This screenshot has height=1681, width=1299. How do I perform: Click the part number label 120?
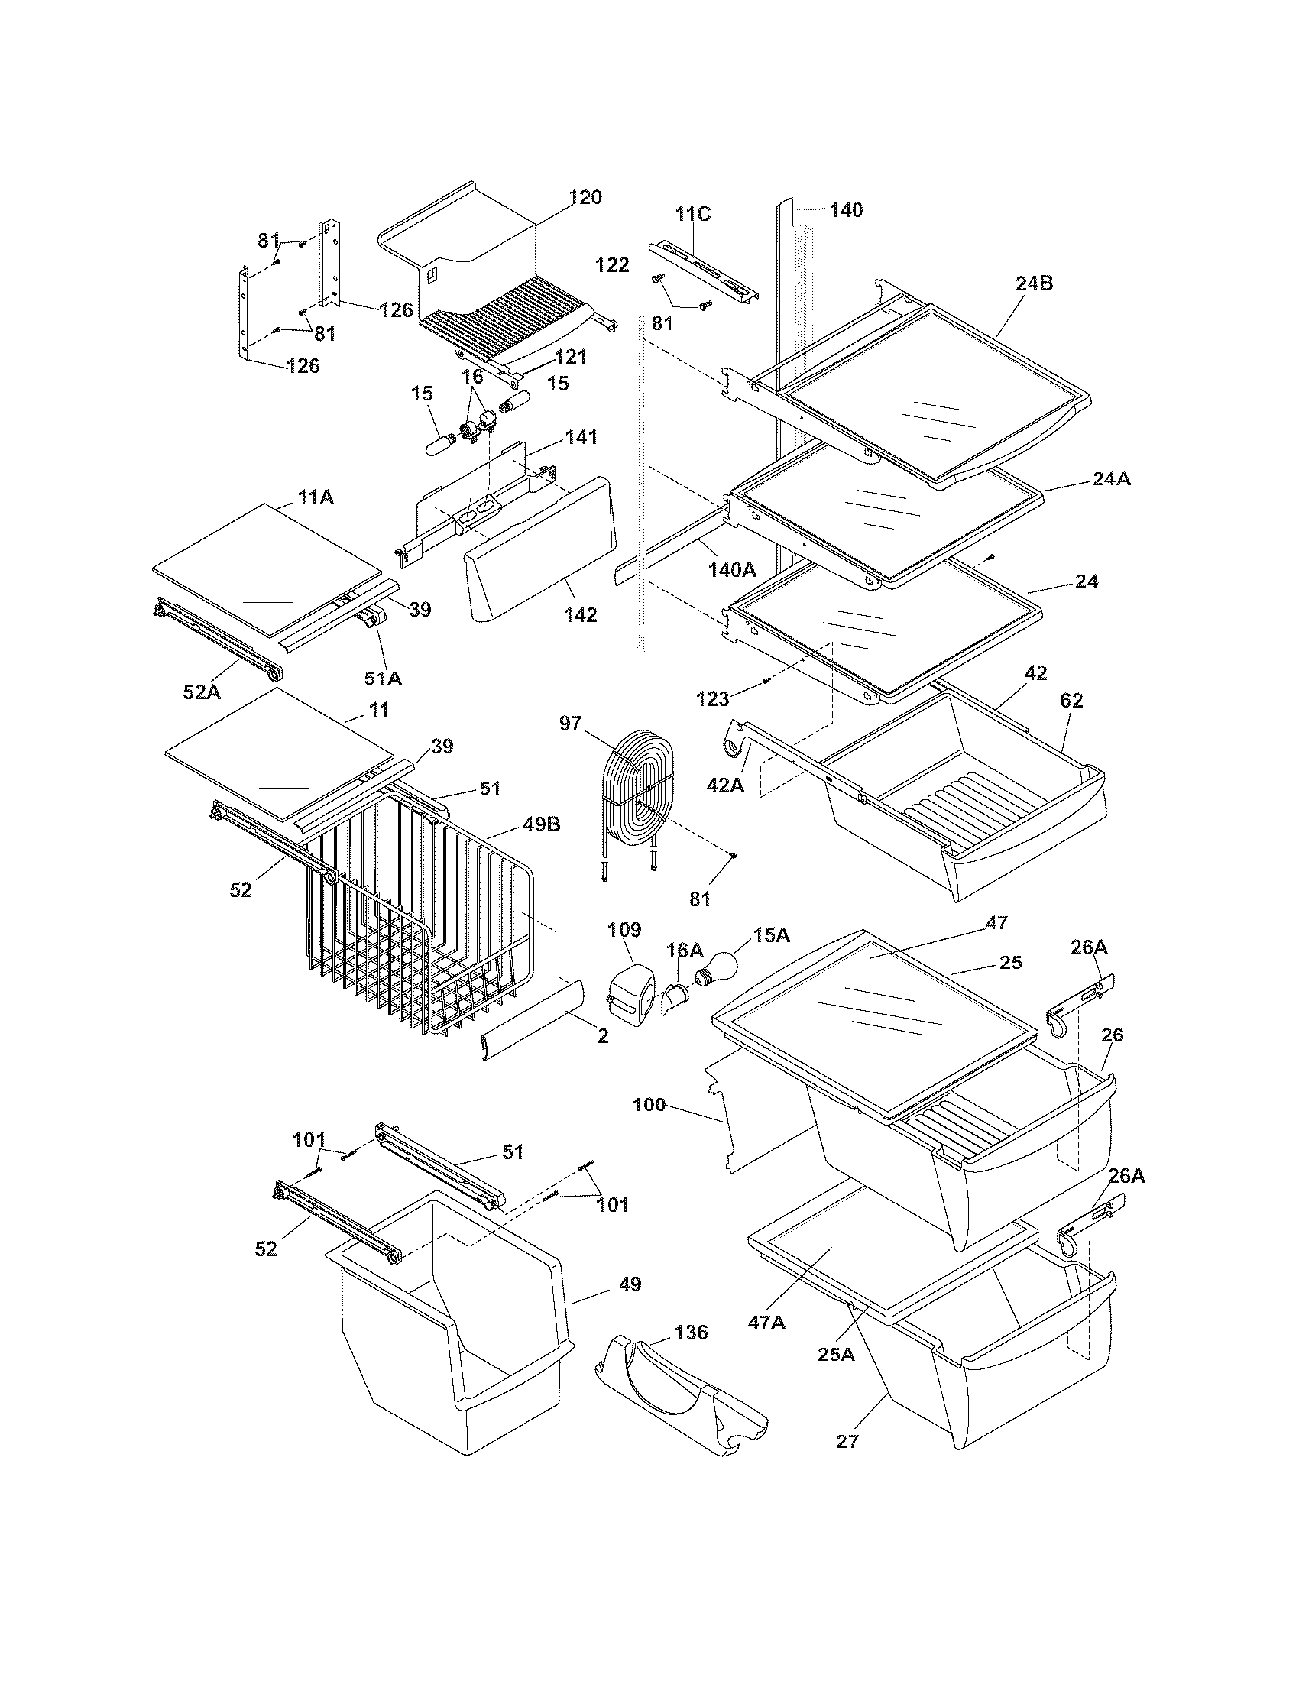coord(585,198)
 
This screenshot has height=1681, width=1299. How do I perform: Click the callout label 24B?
coord(1034,283)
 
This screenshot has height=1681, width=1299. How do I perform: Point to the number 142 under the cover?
coord(579,614)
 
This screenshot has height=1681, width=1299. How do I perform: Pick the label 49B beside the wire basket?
coord(541,824)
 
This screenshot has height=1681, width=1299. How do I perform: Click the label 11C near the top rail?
coord(692,214)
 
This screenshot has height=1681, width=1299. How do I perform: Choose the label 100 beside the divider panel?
coord(649,1105)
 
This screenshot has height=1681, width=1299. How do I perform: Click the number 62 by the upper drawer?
coord(1071,701)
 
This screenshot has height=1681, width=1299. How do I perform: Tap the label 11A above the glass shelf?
coord(316,497)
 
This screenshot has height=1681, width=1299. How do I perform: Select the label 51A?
coord(383,678)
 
